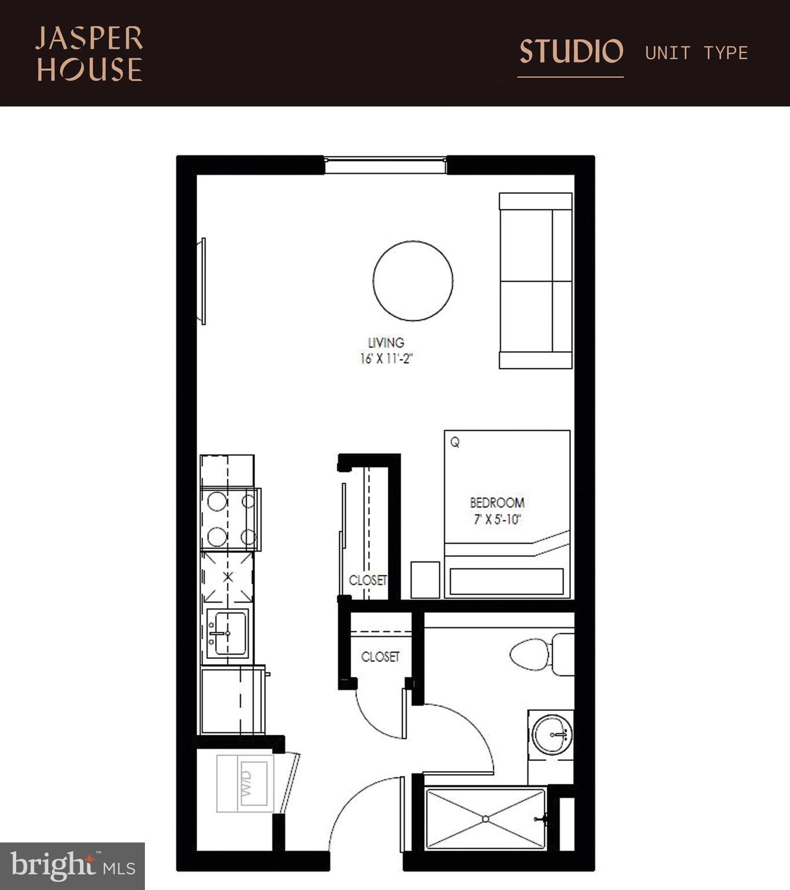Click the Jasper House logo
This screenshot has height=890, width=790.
click(89, 54)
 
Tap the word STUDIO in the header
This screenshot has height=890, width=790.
click(571, 52)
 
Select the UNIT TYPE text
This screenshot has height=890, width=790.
click(696, 53)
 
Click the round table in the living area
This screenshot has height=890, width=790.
click(413, 281)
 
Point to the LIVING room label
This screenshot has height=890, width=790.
click(386, 342)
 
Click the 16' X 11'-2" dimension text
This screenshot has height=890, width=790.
click(386, 359)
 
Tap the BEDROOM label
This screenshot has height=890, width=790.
click(497, 502)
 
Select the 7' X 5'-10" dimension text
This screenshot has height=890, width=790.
click(497, 519)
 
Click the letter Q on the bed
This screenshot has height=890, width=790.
click(455, 443)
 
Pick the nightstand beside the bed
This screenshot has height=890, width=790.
click(425, 579)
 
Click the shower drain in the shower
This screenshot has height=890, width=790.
click(485, 819)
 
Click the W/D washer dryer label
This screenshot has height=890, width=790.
click(246, 782)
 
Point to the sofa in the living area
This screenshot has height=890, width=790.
click(536, 281)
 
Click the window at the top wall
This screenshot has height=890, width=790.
click(385, 165)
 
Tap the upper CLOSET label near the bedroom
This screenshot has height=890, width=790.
click(367, 580)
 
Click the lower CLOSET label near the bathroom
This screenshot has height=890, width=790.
click(380, 656)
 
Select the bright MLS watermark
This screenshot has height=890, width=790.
click(72, 866)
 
